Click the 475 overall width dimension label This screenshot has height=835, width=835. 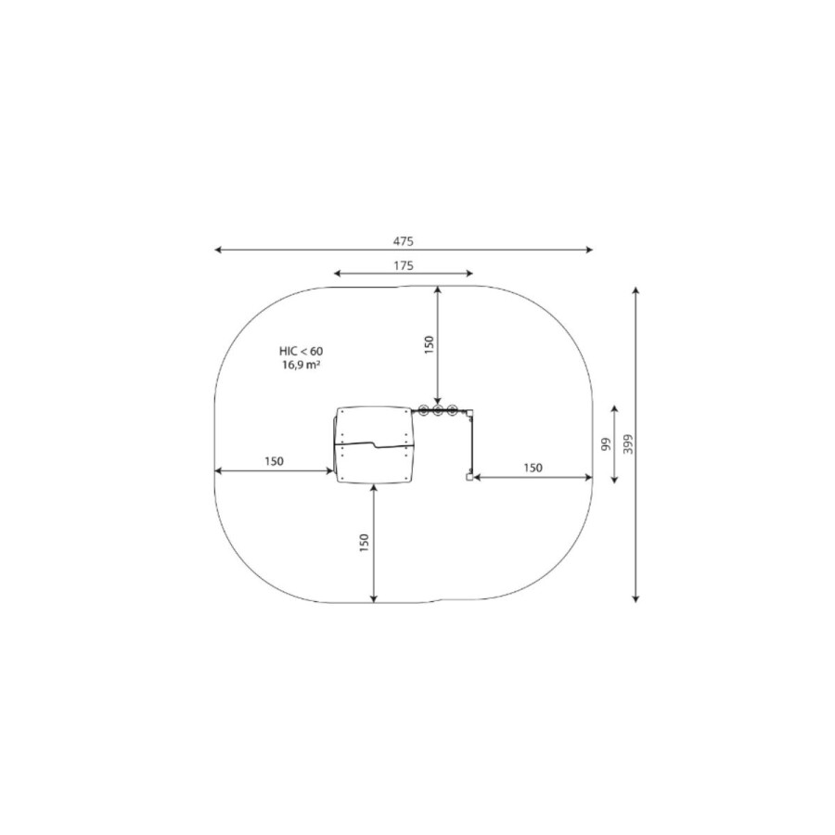pyautogui.click(x=404, y=241)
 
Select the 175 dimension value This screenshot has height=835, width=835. pyautogui.click(x=404, y=265)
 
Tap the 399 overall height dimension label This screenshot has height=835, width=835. pyautogui.click(x=628, y=444)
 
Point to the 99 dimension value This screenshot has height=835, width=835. pyautogui.click(x=606, y=444)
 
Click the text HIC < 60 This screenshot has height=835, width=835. pyautogui.click(x=301, y=351)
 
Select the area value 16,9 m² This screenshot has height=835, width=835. pyautogui.click(x=301, y=365)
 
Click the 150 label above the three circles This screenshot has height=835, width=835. pyautogui.click(x=430, y=344)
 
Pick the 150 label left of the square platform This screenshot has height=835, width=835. pyautogui.click(x=275, y=461)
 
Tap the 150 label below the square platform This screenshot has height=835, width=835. pyautogui.click(x=365, y=543)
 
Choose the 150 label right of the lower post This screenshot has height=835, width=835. pyautogui.click(x=533, y=468)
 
